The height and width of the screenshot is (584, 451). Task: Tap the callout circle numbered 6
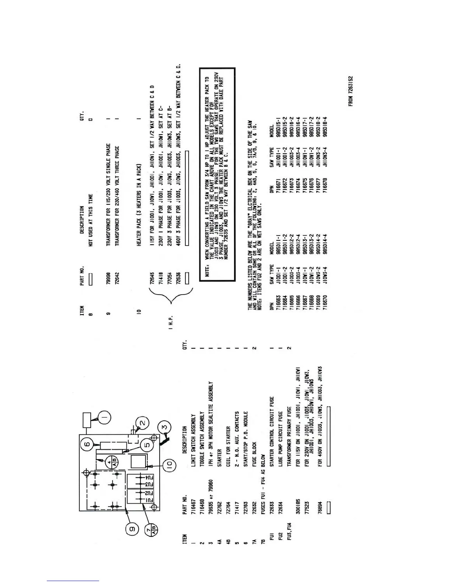tap(87, 445)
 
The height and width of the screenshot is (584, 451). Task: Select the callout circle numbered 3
tap(165, 428)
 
